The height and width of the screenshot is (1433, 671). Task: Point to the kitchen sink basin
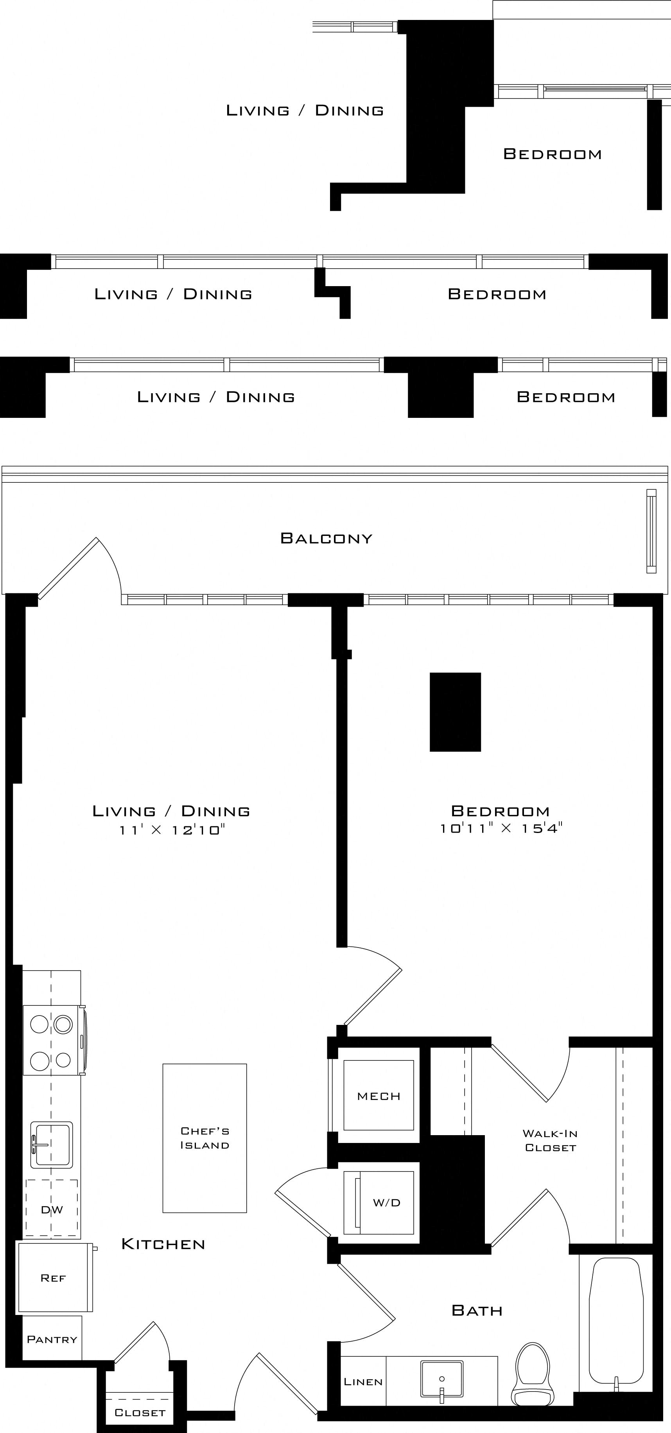pos(51,1144)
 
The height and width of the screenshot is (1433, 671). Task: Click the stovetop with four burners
pos(51,1040)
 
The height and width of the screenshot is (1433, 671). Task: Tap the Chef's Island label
pos(205,1137)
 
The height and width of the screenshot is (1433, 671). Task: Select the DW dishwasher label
pos(52,1210)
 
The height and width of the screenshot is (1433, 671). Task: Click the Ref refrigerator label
pos(54,1278)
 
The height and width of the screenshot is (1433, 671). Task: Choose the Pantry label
pos(52,1340)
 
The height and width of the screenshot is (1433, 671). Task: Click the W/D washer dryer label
pos(387,1203)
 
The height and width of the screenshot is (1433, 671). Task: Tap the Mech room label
pos(379,1096)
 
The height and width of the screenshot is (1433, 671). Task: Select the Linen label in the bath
pos(363,1382)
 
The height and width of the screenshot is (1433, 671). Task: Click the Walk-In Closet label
pos(550,1140)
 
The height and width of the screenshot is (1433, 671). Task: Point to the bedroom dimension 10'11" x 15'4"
pos(501,828)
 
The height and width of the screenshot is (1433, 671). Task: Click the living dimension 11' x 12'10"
pos(171,830)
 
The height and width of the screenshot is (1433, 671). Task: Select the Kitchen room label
pos(163,1245)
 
